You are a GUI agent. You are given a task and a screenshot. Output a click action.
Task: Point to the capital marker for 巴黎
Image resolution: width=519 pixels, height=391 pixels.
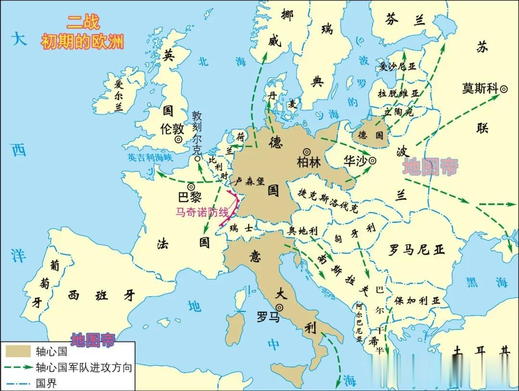click(191, 186)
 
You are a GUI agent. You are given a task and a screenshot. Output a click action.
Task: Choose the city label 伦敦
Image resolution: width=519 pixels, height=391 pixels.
click(172, 129)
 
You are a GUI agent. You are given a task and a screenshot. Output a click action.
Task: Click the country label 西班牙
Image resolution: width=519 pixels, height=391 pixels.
click(101, 295)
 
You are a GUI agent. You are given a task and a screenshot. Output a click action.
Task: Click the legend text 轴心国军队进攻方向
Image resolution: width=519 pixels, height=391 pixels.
click(84, 368)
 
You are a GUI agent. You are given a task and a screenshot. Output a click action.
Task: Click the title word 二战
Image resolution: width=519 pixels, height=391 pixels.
click(83, 23)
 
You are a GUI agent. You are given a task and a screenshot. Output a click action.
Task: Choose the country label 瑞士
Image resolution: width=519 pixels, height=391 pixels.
click(241, 228)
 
